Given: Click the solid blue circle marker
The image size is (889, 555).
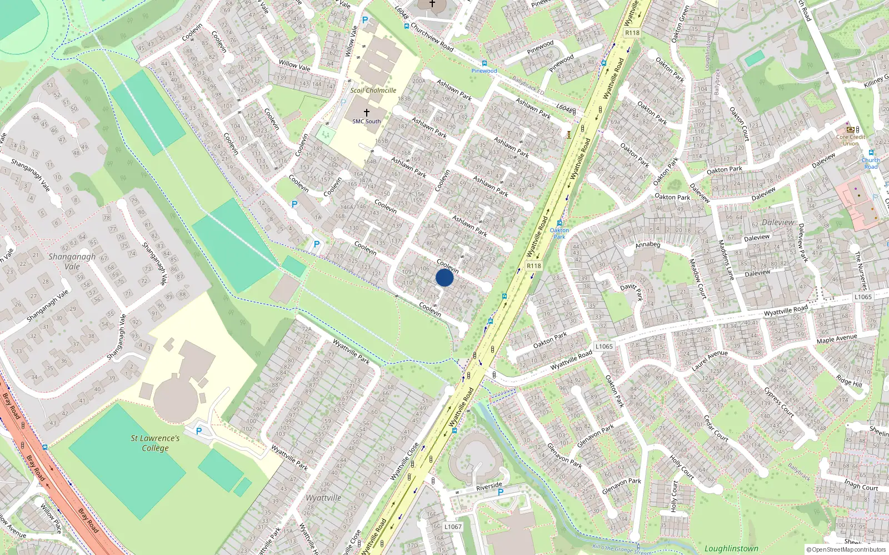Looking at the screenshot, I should tap(444, 277).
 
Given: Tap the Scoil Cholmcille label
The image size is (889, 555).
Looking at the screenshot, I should tap(373, 90).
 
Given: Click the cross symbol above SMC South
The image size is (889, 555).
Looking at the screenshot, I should tap(367, 113).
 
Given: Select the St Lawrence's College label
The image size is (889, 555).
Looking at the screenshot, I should tap(155, 443).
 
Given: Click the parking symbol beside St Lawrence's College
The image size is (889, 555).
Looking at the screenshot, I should tap(199, 431).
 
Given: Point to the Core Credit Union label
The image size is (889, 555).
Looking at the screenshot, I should tap(851, 140).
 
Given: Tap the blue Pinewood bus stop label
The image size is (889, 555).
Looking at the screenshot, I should tap(484, 71).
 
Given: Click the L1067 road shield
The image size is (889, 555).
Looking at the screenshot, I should tap(453, 527).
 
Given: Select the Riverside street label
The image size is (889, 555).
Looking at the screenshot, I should tap(489, 487).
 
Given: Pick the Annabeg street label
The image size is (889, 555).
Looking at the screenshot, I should tap(647, 245).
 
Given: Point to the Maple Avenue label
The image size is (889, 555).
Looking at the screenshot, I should tap(837, 339).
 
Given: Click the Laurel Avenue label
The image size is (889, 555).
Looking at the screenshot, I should tap(710, 361).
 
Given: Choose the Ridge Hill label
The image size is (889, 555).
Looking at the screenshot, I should tap(849, 381).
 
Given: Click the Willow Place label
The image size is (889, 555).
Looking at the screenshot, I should tap(51, 517).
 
